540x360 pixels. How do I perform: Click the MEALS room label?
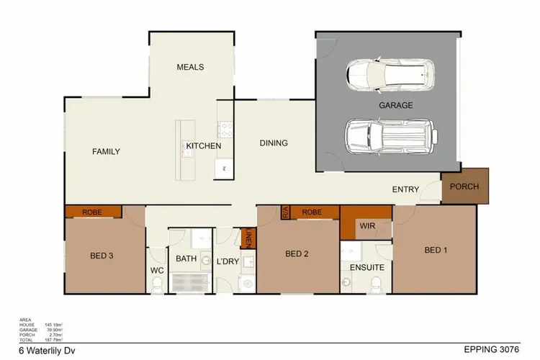(191, 67)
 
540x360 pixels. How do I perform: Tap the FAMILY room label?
(106, 151)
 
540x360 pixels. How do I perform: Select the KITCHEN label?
(204, 146)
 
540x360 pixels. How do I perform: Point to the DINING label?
(274, 143)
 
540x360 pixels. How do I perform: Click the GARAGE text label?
(396, 105)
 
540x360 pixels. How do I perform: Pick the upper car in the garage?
(390, 74)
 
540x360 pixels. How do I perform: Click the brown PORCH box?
(464, 186)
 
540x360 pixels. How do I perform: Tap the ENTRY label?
(405, 189)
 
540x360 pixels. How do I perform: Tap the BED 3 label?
(102, 255)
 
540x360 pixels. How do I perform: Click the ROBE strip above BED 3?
(91, 212)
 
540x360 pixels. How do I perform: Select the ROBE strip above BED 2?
(312, 212)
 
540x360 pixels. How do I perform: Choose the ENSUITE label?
(366, 267)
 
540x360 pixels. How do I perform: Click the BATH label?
(186, 258)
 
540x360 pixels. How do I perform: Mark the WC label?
(157, 271)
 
